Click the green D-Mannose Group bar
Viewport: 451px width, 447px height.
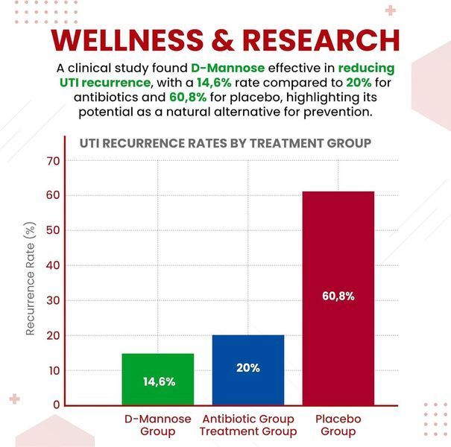pyautogui.click(x=158, y=379)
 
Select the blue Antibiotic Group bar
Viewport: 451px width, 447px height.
pyautogui.click(x=248, y=370)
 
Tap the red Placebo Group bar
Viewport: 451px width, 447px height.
pyautogui.click(x=338, y=299)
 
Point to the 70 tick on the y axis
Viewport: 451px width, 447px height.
pyautogui.click(x=53, y=161)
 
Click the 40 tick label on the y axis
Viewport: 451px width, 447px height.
pyautogui.click(x=53, y=265)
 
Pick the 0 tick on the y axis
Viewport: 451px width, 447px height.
pyautogui.click(x=57, y=405)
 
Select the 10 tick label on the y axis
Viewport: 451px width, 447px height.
pyautogui.click(x=54, y=371)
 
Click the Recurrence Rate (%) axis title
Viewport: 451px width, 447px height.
pyautogui.click(x=30, y=279)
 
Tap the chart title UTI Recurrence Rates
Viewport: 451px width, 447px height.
pyautogui.click(x=225, y=143)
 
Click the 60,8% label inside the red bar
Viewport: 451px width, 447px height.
pyautogui.click(x=338, y=296)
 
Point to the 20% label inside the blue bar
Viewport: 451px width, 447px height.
pyautogui.click(x=248, y=368)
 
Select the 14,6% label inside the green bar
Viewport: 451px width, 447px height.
pyautogui.click(x=159, y=381)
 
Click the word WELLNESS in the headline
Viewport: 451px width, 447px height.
pyautogui.click(x=127, y=40)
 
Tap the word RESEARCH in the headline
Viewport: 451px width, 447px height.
pyautogui.click(x=321, y=40)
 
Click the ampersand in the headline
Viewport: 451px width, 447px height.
pyautogui.click(x=223, y=40)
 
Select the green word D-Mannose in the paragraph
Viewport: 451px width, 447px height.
pyautogui.click(x=228, y=68)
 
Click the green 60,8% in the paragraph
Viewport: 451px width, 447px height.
pyautogui.click(x=188, y=97)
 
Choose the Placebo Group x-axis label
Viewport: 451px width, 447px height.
pyautogui.click(x=338, y=425)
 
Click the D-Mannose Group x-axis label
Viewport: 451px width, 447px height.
pyautogui.click(x=158, y=425)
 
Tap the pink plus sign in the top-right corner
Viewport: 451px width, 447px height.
pyautogui.click(x=391, y=10)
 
